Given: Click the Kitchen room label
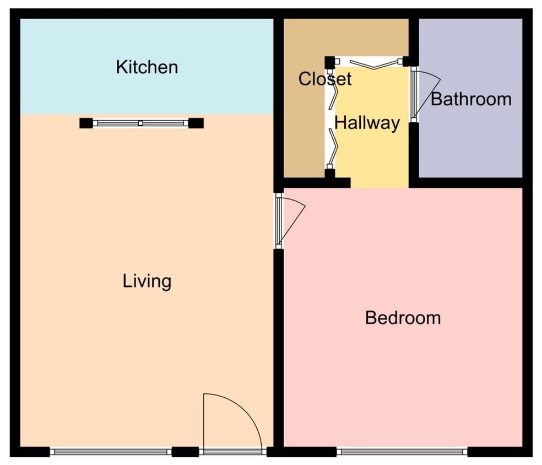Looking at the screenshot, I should tap(147, 67).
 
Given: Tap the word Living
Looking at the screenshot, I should tap(147, 282).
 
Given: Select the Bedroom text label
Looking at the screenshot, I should tap(403, 318).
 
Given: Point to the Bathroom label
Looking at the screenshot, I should tap(471, 99).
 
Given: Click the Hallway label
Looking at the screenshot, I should tap(367, 123).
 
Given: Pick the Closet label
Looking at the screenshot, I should tap(324, 79).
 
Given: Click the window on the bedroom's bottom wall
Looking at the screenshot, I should tap(402, 452).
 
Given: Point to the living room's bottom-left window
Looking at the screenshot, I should tap(110, 452).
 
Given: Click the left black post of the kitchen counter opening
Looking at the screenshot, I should tap(86, 123).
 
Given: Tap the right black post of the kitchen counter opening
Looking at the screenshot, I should tap(196, 123).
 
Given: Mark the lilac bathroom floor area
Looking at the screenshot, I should tap(471, 143).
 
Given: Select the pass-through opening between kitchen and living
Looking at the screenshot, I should tap(141, 123).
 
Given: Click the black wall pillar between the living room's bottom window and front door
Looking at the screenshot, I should tap(185, 452).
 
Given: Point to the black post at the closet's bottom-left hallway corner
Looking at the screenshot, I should tap(329, 174).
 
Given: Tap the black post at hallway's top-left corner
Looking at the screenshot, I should tap(329, 62).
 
